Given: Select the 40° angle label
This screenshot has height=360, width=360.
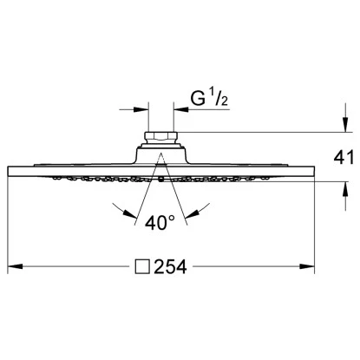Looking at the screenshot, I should click(161, 224).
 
